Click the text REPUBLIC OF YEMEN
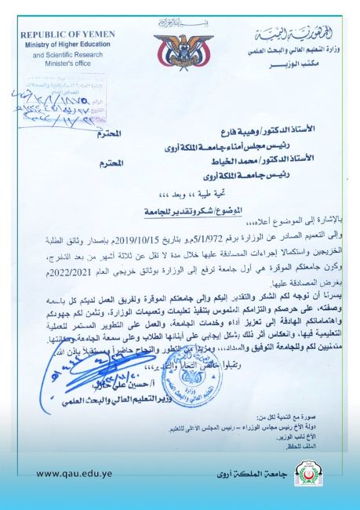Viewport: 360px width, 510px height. pos(67,35)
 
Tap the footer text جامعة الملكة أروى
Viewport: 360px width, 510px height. pos(244,474)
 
